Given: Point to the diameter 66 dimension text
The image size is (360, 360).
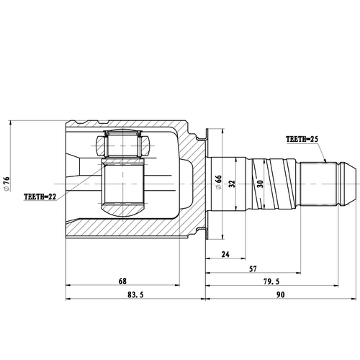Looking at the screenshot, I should click(217, 182).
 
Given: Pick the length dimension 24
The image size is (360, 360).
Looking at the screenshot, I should click(225, 253).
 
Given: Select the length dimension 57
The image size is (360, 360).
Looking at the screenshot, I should click(254, 269).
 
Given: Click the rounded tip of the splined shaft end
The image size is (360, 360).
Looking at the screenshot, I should click(352, 183).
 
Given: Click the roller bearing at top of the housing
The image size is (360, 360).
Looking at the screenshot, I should click(125, 146).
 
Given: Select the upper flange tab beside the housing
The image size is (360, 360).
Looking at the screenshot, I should click(204, 133).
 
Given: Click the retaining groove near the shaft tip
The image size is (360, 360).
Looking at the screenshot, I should click(336, 183).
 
